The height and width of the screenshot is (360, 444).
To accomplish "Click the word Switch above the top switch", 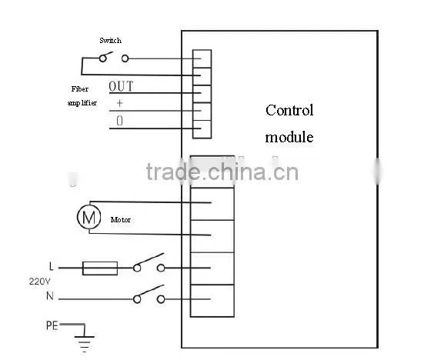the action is click(111, 41).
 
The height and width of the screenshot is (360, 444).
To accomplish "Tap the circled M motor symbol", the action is click(89, 217).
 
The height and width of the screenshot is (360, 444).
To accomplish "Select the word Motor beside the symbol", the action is click(121, 220).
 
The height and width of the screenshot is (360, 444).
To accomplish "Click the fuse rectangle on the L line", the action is click(100, 268).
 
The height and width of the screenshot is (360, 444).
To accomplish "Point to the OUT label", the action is click(121, 86).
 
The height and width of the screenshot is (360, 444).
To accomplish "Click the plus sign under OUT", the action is click(119, 103).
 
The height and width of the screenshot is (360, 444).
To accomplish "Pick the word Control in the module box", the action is click(289, 110).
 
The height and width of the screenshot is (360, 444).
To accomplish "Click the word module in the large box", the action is click(289, 137).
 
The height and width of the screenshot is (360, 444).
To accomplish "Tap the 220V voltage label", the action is click(40, 282).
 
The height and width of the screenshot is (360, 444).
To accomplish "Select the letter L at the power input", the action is click(51, 266).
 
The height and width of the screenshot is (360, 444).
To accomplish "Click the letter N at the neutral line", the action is click(50, 296).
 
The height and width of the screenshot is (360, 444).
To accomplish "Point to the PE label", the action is click(52, 325).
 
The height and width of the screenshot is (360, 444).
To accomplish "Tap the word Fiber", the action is click(80, 89).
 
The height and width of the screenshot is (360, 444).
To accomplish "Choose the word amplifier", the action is click(82, 103).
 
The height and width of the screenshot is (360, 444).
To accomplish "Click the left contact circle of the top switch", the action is click(103, 58).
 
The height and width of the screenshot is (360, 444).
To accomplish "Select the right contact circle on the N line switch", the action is click(161, 299).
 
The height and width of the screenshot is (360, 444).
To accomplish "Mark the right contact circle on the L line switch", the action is click(161, 268).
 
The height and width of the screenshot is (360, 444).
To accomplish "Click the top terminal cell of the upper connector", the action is click(202, 59).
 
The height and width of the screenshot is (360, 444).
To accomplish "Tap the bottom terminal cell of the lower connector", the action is click(212, 301).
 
